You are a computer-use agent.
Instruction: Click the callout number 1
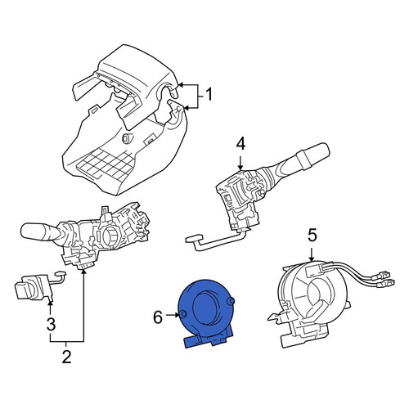209,94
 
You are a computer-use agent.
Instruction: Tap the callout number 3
51,324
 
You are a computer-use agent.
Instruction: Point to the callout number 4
240,144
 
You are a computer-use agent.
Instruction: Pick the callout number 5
312,235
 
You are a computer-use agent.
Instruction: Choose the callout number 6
158,317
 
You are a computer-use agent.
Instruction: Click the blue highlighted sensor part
205,312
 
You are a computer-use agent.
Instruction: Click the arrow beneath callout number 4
240,163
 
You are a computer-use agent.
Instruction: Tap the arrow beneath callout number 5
312,254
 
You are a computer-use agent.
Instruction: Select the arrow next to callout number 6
173,315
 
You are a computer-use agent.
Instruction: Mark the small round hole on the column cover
127,138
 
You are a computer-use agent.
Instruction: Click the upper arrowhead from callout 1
182,85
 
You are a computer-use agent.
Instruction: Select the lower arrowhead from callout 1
187,109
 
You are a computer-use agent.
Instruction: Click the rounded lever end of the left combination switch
32,231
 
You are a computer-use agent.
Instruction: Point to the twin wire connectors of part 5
382,279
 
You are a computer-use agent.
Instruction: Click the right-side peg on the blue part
231,301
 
